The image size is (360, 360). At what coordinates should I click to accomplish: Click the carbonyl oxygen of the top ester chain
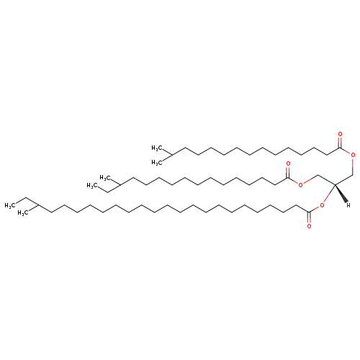click(x=340, y=134)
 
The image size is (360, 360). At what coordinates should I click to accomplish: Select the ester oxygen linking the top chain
click(x=353, y=155)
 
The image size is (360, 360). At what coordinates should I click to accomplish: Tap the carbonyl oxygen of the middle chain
click(x=288, y=163)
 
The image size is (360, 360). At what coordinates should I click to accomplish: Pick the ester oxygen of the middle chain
click(x=300, y=184)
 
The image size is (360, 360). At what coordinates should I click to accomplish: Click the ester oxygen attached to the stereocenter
click(x=322, y=205)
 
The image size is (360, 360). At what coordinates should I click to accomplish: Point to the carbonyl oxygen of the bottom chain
click(x=309, y=226)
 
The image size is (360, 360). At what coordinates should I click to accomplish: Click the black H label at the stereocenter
click(x=348, y=205)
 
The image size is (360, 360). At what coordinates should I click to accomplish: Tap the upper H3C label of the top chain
click(x=157, y=148)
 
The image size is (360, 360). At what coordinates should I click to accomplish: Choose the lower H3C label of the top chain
click(x=157, y=163)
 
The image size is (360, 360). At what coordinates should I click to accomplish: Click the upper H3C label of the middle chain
click(x=105, y=178)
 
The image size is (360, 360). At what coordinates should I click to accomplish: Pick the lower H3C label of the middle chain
click(x=92, y=186)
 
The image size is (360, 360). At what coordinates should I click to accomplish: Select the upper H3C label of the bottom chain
click(x=10, y=205)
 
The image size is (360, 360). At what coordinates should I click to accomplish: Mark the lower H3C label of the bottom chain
click(x=23, y=213)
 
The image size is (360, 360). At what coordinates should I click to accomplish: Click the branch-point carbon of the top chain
click(x=172, y=155)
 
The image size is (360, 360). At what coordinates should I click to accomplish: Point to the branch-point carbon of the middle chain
click(x=120, y=184)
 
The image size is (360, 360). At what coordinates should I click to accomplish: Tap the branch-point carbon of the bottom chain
click(x=38, y=205)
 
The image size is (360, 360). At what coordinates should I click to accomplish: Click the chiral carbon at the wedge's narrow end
click(x=335, y=184)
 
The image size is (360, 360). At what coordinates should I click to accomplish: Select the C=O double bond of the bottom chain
click(x=309, y=217)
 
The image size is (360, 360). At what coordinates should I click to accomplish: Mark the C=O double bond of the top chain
click(x=340, y=143)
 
